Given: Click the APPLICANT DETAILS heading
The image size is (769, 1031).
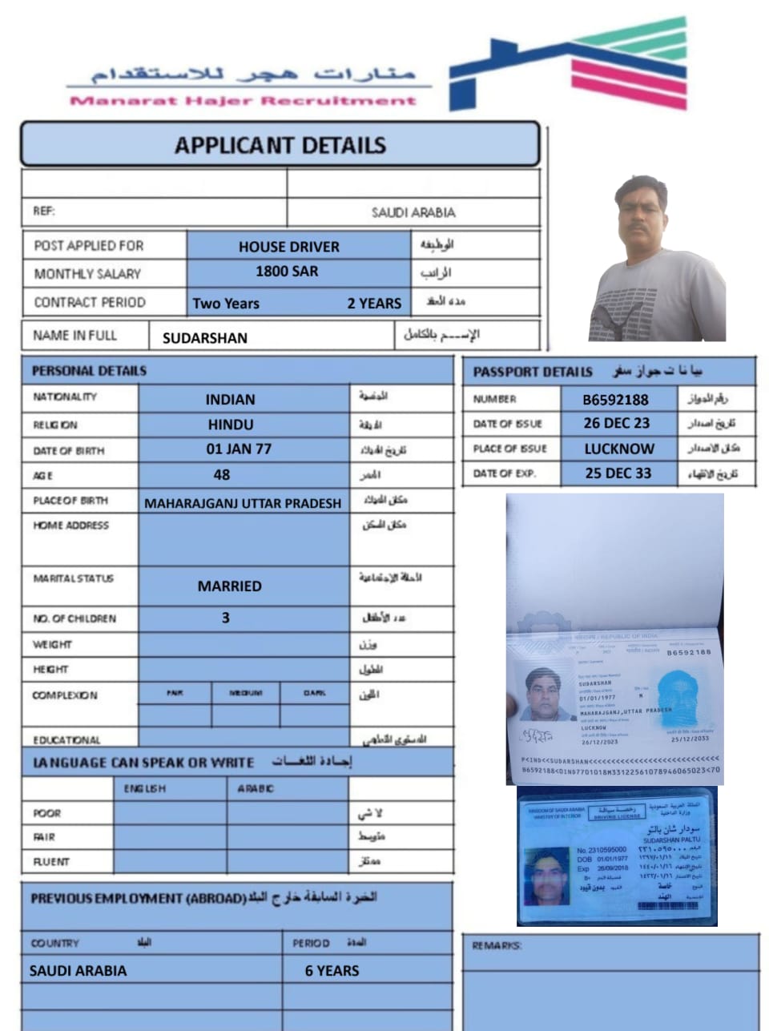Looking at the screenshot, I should (x=280, y=145).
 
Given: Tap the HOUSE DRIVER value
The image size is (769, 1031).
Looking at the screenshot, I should (x=288, y=247).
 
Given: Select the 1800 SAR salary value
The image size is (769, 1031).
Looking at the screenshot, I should (x=287, y=272).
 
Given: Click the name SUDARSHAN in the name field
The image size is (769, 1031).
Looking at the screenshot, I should (x=204, y=338).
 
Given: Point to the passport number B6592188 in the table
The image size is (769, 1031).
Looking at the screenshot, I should (x=615, y=399).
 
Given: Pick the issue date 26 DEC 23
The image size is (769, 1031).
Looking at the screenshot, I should (x=616, y=423).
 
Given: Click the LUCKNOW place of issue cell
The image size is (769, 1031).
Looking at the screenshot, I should (x=618, y=449).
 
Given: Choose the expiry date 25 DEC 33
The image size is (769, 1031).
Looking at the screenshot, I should (x=618, y=473).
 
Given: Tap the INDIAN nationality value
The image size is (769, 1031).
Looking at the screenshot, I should (x=230, y=399).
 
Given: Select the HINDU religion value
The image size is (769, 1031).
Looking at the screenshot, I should (x=230, y=425).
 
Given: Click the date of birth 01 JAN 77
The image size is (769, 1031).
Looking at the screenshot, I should (x=239, y=449).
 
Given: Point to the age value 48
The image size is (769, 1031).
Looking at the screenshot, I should (x=222, y=475).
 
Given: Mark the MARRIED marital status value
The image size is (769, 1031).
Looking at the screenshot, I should (x=229, y=586).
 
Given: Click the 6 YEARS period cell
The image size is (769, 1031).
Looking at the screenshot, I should (x=332, y=971).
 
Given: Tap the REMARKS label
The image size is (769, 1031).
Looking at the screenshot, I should (x=497, y=946).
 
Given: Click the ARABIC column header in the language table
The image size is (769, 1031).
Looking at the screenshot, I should (x=255, y=789).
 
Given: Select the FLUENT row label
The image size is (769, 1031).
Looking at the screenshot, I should (x=51, y=862).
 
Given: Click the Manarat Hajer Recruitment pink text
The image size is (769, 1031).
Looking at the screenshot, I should (x=243, y=101).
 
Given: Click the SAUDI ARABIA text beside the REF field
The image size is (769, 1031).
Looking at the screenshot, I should (x=413, y=212).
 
